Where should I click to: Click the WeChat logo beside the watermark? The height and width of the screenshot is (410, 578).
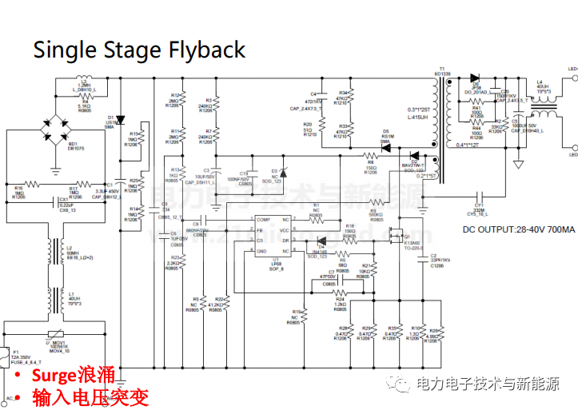[x=397, y=384]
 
